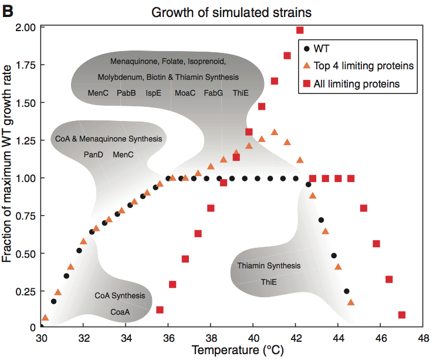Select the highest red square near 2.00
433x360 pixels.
(x=300, y=30)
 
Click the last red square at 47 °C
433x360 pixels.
(x=402, y=315)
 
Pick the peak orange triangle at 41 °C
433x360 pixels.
(x=274, y=132)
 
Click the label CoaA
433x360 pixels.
(x=120, y=312)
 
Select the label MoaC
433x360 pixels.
(x=185, y=93)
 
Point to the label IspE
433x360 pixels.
(x=154, y=93)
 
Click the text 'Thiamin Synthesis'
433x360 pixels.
(x=269, y=266)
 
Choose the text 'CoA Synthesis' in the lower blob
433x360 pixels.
(x=120, y=296)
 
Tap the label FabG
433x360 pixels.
(x=213, y=93)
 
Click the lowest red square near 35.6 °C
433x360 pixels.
(x=160, y=309)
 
